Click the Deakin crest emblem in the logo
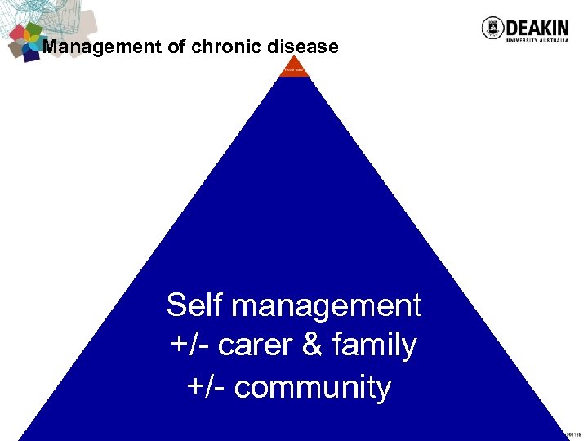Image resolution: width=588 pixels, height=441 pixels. [x=492, y=28]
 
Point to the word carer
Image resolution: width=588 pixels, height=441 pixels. [x=256, y=346]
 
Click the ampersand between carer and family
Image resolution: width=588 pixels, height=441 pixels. [x=312, y=346]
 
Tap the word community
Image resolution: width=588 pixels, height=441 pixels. [x=312, y=387]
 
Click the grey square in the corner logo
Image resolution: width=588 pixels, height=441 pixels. [x=16, y=50]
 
